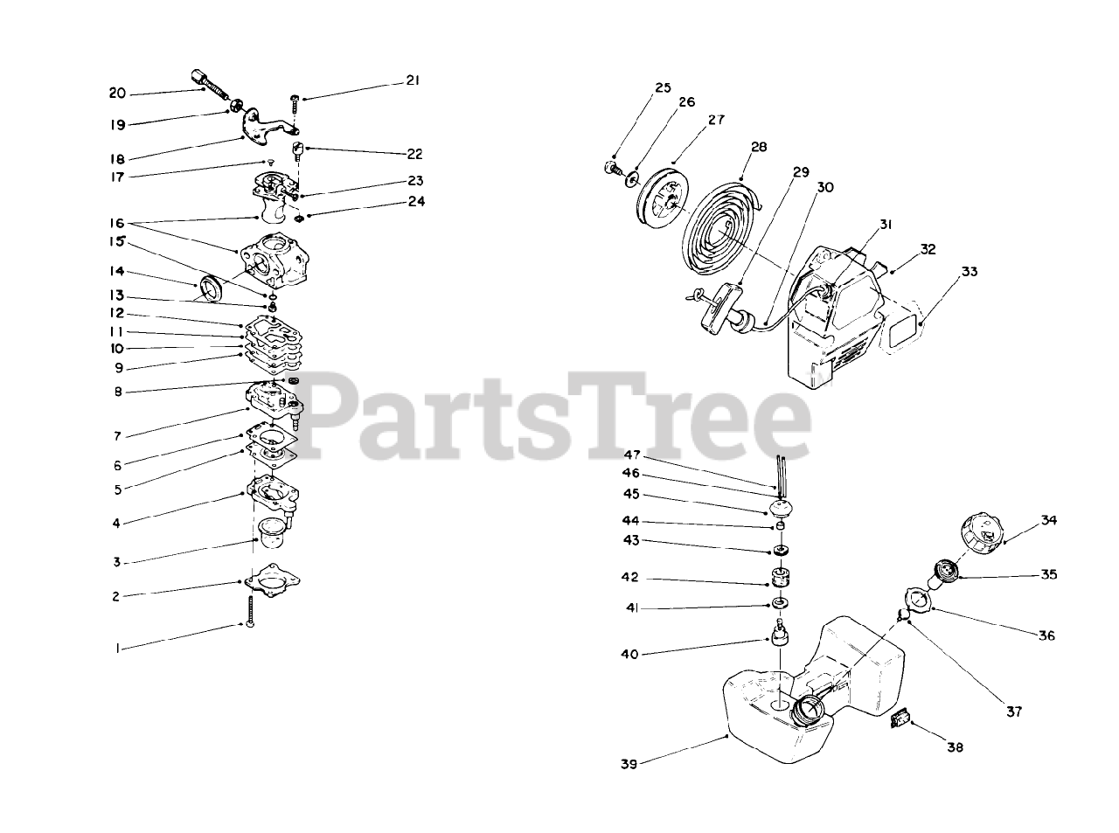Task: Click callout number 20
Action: (x=117, y=93)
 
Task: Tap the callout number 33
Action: (x=970, y=272)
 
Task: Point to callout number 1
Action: (x=116, y=649)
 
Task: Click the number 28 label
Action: (x=758, y=147)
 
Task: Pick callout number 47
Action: (x=632, y=455)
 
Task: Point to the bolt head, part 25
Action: (x=611, y=167)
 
